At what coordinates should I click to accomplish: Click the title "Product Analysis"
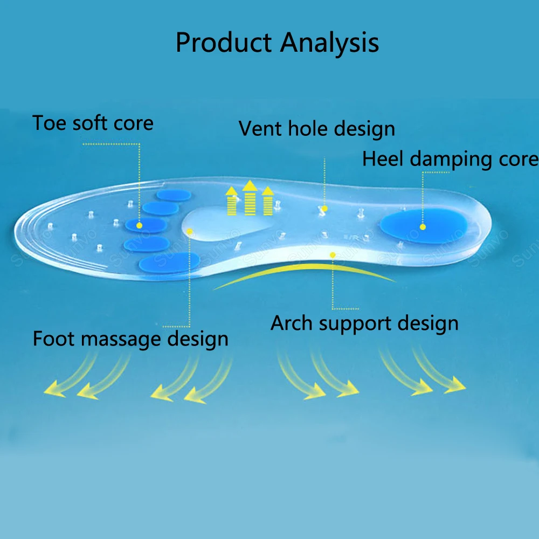click(x=277, y=43)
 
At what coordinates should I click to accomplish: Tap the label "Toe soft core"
click(x=93, y=123)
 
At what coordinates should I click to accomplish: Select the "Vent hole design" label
click(x=317, y=129)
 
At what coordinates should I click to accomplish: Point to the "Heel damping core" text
click(x=450, y=159)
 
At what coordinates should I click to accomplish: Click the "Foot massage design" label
click(x=130, y=339)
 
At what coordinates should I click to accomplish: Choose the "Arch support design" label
click(x=364, y=323)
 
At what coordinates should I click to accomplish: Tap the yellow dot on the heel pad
click(x=423, y=227)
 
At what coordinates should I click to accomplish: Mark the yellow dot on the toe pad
click(x=139, y=225)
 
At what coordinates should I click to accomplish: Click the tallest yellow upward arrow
click(x=250, y=198)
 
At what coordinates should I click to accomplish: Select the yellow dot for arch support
click(x=333, y=254)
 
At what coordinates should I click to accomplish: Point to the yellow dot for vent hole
click(x=324, y=208)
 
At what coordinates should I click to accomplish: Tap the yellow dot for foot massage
click(x=189, y=231)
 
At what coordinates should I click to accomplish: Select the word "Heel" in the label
click(x=383, y=159)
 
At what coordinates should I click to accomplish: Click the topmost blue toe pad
click(x=174, y=195)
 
